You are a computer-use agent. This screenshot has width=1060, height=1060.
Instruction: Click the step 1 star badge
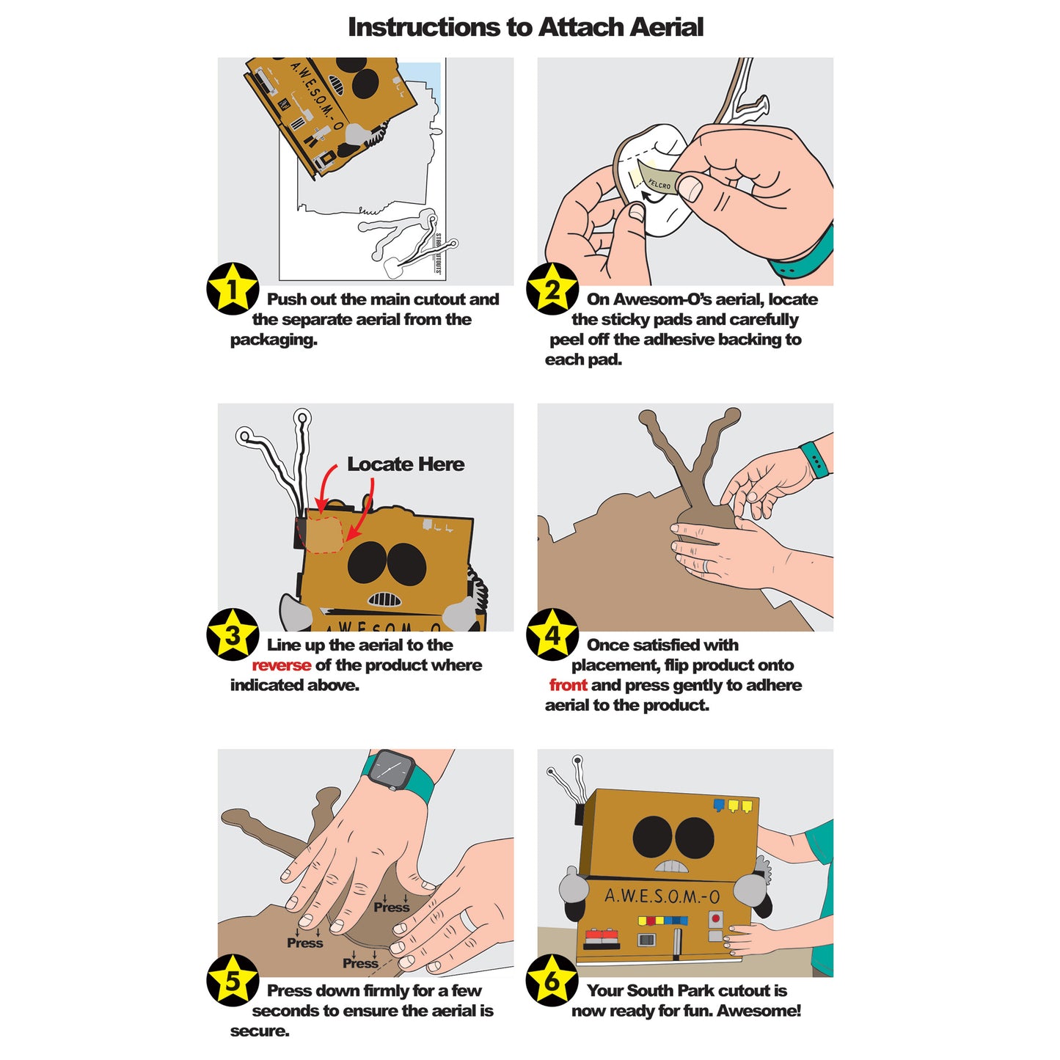[x=232, y=288]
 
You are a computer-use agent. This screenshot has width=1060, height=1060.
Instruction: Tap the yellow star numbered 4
[x=552, y=635]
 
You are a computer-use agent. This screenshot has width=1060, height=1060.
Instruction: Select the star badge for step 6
[x=552, y=980]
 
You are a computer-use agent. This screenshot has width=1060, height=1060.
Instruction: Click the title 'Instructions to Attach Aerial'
[x=525, y=27]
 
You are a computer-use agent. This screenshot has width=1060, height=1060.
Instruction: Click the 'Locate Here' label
[x=406, y=464]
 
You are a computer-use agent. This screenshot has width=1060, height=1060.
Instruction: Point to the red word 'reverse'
[x=281, y=665]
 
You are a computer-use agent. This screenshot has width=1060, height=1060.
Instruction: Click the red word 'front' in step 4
[x=568, y=685]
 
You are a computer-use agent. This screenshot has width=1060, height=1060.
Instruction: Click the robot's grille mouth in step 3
[x=384, y=599]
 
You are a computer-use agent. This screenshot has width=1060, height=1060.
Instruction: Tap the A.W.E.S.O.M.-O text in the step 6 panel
[x=662, y=896]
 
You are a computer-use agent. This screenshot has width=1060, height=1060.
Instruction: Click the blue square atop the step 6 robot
[x=719, y=805]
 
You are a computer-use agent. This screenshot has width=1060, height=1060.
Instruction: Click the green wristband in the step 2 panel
[x=803, y=254]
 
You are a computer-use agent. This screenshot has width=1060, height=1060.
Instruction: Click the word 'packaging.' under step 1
[x=274, y=340]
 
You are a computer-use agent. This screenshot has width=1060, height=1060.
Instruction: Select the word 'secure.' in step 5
[x=260, y=1031]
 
